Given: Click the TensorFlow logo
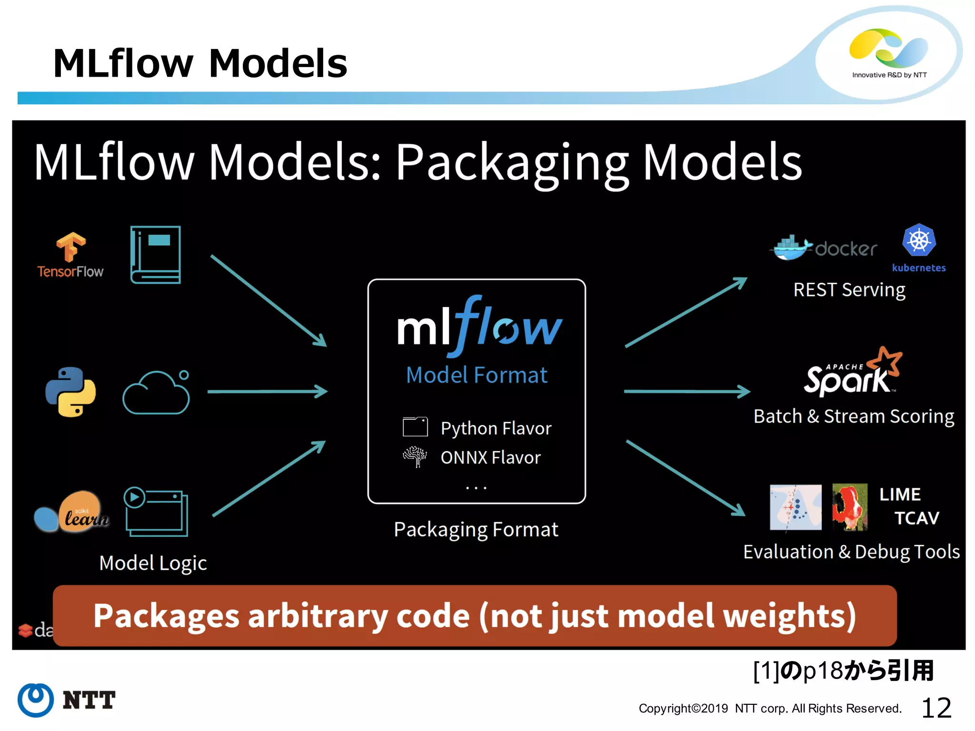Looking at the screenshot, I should tap(70, 255).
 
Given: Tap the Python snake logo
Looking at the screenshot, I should tap(70, 392).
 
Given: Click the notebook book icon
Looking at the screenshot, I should tap(156, 255).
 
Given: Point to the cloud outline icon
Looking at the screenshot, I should tap(156, 393).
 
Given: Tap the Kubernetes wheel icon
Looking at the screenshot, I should tap(919, 240).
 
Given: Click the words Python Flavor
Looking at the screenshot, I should tap(496, 428).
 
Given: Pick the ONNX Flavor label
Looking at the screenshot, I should tap(490, 457).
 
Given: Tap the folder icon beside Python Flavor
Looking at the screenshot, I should tap(415, 427).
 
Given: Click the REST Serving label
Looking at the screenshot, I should tap(849, 290).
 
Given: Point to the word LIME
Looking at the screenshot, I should tap(900, 494).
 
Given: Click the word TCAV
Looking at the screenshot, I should tap(916, 518).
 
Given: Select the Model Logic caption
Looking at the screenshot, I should tap(153, 563).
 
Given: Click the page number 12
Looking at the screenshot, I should tap(936, 708).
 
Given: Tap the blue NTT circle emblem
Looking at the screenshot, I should tap(36, 700).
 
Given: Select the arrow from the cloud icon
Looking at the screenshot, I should tap(267, 392).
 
